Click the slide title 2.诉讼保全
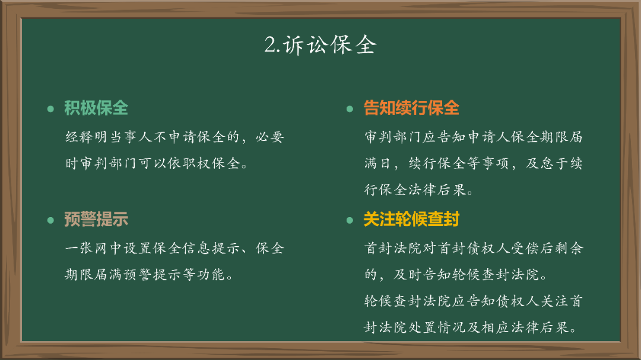click(x=320, y=46)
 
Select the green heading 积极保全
click(x=96, y=108)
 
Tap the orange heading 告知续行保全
click(x=411, y=108)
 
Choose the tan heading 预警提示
click(x=96, y=219)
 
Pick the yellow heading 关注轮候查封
click(x=411, y=219)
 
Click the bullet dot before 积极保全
click(x=50, y=109)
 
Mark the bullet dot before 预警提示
click(x=50, y=220)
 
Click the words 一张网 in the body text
click(x=87, y=249)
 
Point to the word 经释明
click(x=87, y=138)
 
